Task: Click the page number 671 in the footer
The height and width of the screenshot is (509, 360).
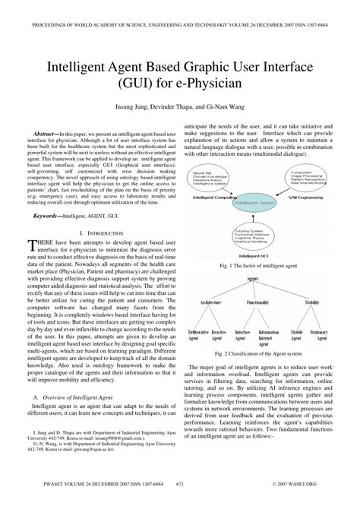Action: (x=180, y=502)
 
